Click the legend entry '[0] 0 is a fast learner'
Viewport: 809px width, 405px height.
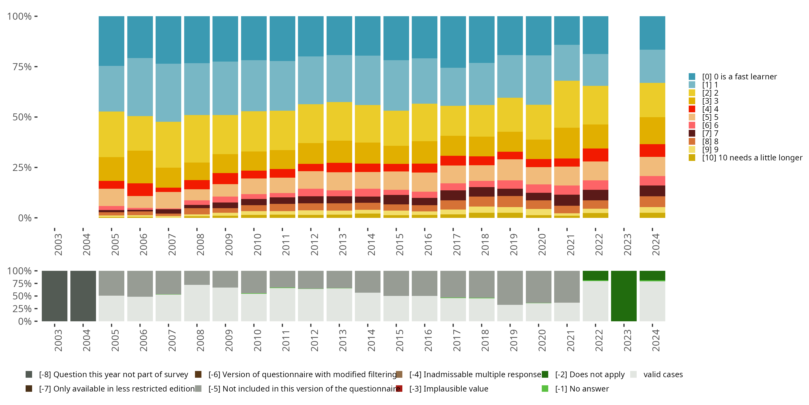[739, 77]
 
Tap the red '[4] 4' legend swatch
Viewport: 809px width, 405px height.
[692, 109]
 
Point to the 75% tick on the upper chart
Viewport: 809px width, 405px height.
[22, 67]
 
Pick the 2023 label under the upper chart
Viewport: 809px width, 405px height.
[628, 245]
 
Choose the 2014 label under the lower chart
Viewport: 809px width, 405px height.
[372, 340]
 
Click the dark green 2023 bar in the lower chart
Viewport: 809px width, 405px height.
[624, 296]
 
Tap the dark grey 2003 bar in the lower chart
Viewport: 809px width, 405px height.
[55, 296]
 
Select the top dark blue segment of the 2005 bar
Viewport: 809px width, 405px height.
[111, 41]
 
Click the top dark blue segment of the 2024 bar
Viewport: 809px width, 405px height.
[652, 33]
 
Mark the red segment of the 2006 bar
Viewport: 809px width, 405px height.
[140, 190]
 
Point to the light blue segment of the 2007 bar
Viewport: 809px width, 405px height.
[168, 93]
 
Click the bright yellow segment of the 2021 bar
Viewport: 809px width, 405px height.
[567, 104]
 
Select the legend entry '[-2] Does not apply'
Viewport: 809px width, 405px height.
[589, 374]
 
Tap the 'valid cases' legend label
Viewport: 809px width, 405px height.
[663, 374]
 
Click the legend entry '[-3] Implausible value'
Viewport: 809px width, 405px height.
[448, 389]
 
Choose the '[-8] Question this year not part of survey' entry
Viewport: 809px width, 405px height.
[113, 374]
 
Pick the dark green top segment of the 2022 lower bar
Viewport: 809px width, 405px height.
[595, 275]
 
